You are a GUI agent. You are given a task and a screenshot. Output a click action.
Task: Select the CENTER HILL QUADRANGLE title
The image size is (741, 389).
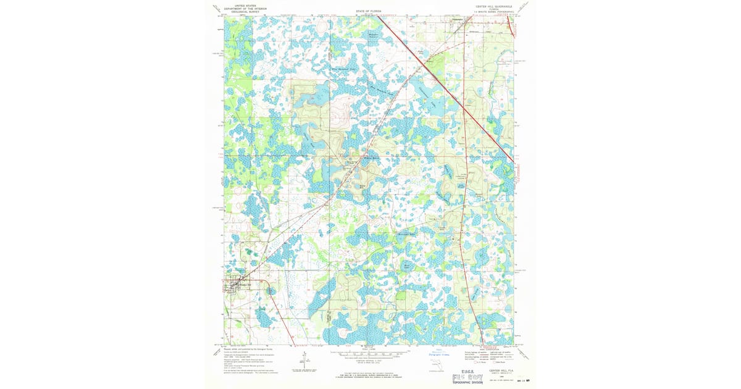tap(493, 6)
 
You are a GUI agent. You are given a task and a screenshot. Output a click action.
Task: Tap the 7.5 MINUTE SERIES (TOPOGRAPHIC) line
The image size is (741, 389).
tap(494, 12)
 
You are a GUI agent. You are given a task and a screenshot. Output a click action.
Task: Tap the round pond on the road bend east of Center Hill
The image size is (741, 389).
tap(270, 290)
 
